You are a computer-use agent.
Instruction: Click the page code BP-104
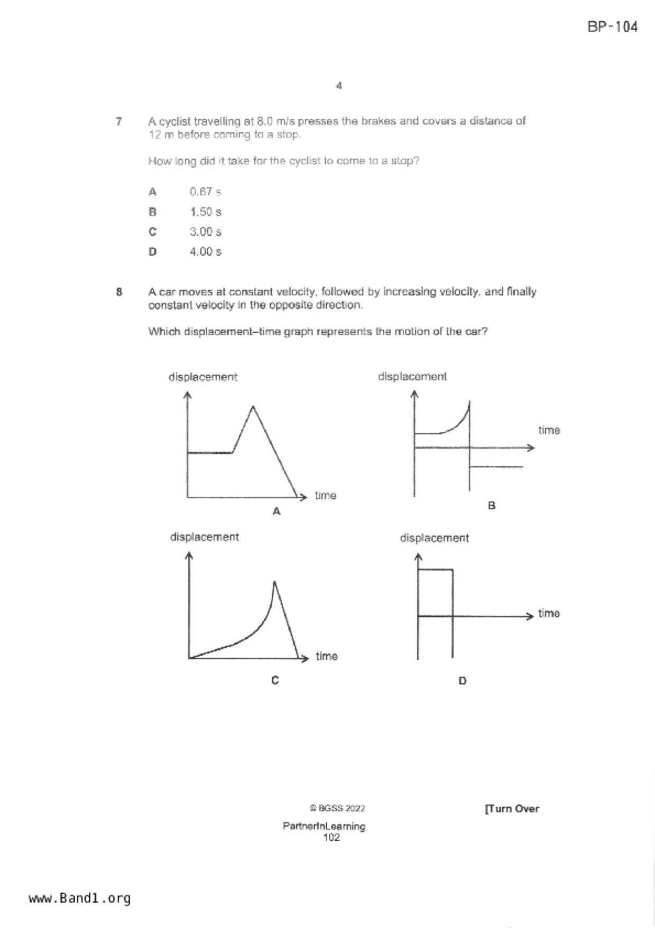pos(612,27)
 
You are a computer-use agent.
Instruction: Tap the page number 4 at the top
pos(339,86)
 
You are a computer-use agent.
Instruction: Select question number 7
pos(119,122)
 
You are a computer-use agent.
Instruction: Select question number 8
pos(119,292)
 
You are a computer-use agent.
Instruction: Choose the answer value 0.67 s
pos(205,192)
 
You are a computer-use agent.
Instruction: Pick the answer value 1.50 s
pos(205,212)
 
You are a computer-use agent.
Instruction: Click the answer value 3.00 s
pos(205,232)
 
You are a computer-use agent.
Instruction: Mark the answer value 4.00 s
pos(205,252)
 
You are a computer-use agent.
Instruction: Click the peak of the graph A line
pos(253,406)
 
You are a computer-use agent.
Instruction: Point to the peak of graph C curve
pos(274,582)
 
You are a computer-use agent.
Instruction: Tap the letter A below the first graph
pos(276,512)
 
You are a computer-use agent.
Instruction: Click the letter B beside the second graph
pos(492,506)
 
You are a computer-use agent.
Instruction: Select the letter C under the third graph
pos(275,680)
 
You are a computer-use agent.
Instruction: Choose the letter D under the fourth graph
pos(463,681)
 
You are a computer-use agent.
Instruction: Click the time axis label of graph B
pos(549,430)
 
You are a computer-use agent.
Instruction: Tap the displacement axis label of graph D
pos(434,538)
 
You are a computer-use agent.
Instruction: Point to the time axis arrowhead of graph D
pos(530,616)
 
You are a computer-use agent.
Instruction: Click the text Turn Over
pos(512,808)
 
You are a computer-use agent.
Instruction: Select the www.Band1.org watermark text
pos(79,898)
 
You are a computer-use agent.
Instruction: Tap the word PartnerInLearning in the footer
pos(324,826)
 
